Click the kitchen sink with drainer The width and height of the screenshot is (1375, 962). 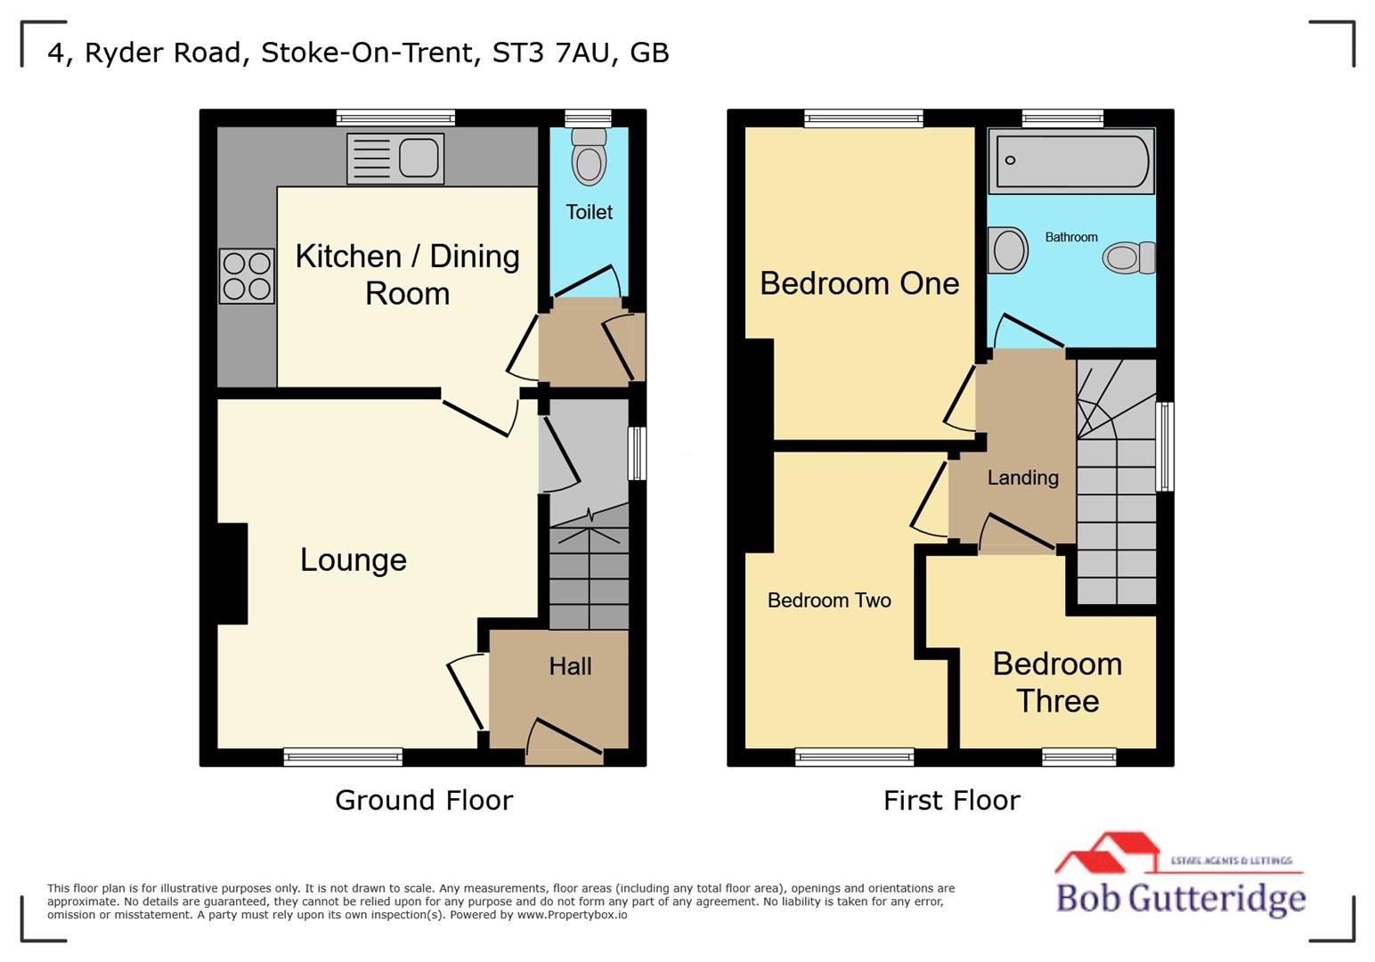tap(395, 159)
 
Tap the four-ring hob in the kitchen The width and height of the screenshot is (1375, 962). tap(247, 276)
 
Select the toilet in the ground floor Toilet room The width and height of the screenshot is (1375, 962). tap(588, 157)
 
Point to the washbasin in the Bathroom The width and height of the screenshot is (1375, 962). tap(1008, 250)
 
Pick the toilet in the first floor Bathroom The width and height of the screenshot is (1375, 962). tap(1128, 258)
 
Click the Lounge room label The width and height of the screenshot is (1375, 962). tap(353, 559)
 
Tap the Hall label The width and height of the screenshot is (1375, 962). tap(570, 666)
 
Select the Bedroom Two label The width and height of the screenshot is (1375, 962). tap(828, 600)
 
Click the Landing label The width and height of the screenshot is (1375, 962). tap(1022, 477)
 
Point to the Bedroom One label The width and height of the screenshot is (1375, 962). tap(858, 283)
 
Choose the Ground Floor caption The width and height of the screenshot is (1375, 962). tap(424, 800)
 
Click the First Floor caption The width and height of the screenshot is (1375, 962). tap(951, 800)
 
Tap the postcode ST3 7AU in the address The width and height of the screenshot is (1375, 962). tap(552, 53)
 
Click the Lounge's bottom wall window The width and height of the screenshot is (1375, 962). tap(343, 757)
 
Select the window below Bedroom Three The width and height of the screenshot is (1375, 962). tap(1078, 757)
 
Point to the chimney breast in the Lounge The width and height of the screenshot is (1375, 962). tap(232, 574)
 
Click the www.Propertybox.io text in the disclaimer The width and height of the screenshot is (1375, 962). tap(572, 915)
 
